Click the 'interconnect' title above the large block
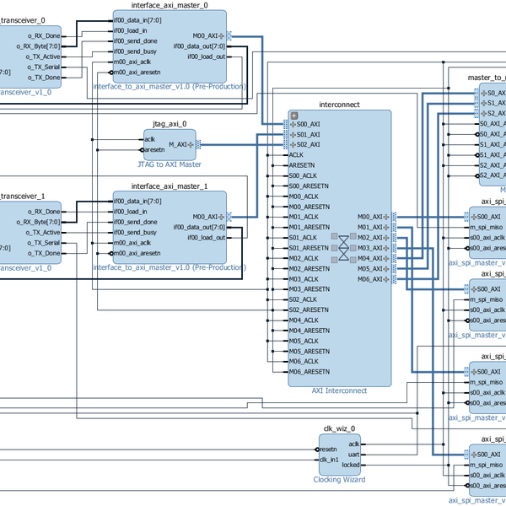(340, 105)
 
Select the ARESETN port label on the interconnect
(302, 165)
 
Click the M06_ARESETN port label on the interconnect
(309, 372)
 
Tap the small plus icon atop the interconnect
(293, 116)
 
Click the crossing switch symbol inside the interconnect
(343, 248)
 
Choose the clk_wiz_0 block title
(340, 428)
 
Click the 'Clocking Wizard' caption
(340, 479)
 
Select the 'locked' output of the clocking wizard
(350, 465)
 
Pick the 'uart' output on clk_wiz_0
(353, 454)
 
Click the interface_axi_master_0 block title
(170, 5)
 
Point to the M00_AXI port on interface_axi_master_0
(208, 36)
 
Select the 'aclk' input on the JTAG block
(149, 140)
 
